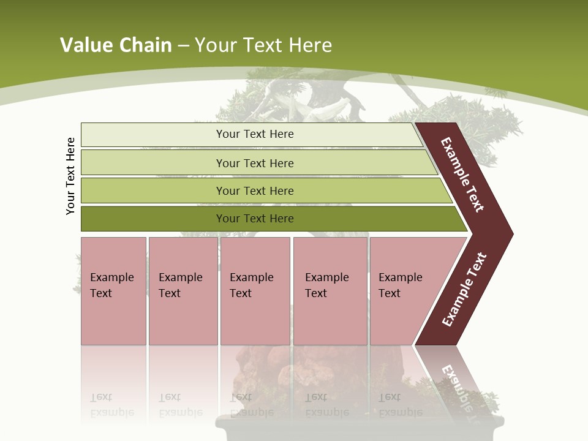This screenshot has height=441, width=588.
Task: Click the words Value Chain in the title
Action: click(116, 45)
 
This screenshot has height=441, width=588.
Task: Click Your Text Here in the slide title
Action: click(263, 45)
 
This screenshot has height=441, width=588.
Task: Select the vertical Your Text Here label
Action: click(70, 176)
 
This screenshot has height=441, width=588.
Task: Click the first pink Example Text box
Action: click(113, 291)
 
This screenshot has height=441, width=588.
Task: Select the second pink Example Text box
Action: click(183, 291)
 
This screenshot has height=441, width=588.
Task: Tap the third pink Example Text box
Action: click(255, 291)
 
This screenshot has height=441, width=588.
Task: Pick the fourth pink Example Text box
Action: click(330, 291)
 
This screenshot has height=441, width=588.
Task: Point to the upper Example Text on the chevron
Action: click(462, 175)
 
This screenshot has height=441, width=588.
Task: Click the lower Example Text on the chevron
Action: click(464, 290)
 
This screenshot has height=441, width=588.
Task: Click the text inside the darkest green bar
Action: click(255, 219)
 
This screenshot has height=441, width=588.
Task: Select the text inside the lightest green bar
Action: click(255, 134)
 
